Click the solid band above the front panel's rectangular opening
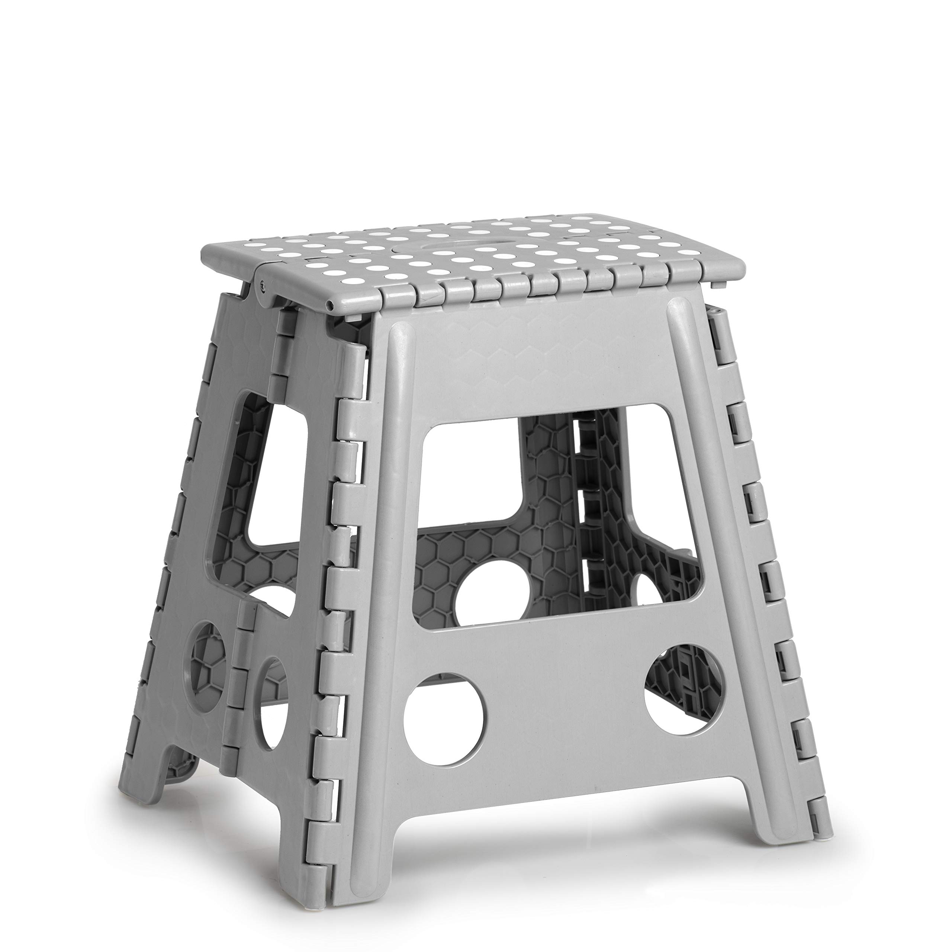click(x=537, y=370)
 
